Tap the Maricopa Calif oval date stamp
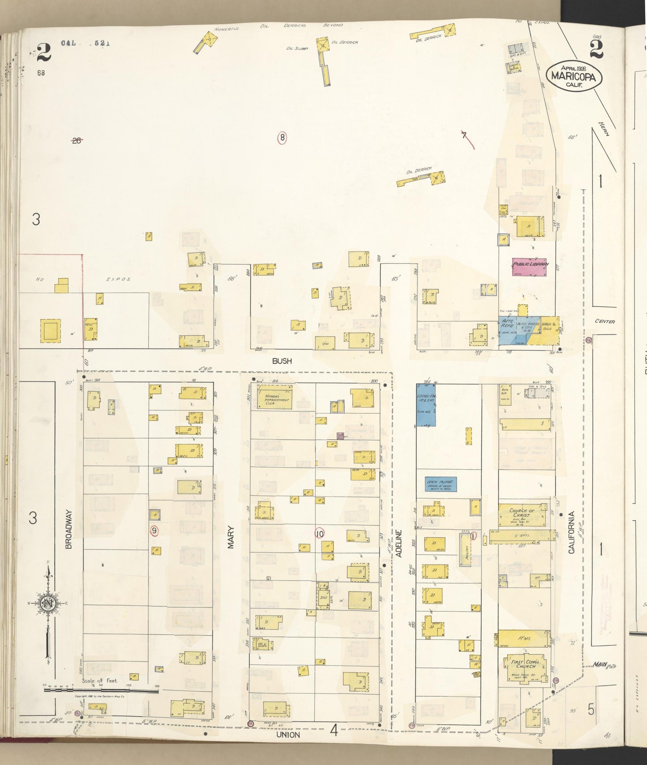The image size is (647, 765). pyautogui.click(x=574, y=76)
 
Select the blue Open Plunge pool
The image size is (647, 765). pyautogui.click(x=441, y=484)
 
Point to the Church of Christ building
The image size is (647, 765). pyautogui.click(x=522, y=515)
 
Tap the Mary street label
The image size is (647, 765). pyautogui.click(x=231, y=537)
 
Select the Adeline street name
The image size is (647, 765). pyautogui.click(x=399, y=543)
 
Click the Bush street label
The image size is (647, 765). pyautogui.click(x=282, y=361)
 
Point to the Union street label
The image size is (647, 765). pyautogui.click(x=288, y=735)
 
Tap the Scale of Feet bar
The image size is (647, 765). pyautogui.click(x=101, y=691)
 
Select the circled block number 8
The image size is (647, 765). pyautogui.click(x=282, y=138)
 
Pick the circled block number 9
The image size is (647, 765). pyautogui.click(x=154, y=531)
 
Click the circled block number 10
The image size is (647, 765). pyautogui.click(x=319, y=534)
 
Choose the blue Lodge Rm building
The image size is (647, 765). pyautogui.click(x=426, y=405)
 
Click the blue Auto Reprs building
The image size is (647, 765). pyautogui.click(x=507, y=330)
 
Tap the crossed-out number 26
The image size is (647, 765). pyautogui.click(x=77, y=140)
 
